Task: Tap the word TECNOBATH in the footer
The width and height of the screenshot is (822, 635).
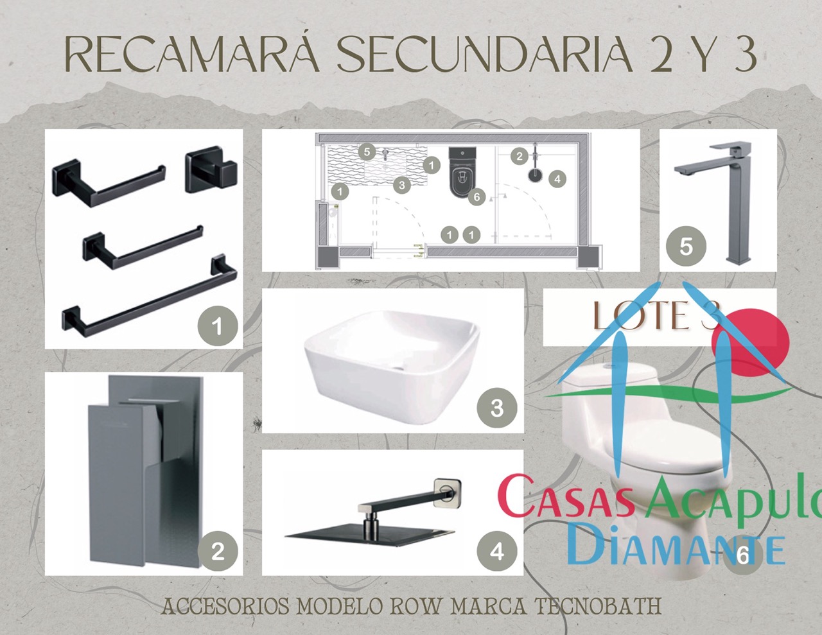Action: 598,605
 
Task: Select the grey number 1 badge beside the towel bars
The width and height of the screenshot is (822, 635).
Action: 217,326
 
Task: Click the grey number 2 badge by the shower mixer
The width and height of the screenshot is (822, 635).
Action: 217,551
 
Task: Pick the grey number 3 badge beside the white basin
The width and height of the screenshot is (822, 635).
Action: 496,407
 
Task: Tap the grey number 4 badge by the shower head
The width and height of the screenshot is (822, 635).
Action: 496,551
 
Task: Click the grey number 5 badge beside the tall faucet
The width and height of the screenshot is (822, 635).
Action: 686,246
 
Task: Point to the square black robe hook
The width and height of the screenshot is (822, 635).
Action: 211,171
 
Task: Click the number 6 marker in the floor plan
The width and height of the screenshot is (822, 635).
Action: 476,196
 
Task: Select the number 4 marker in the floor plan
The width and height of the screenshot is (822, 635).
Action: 557,178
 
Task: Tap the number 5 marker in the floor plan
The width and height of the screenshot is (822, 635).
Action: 367,152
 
